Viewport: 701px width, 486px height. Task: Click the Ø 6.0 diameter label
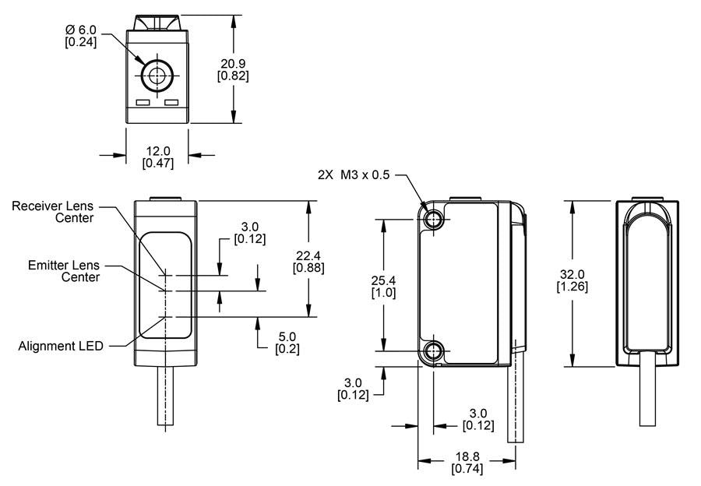pos(80,30)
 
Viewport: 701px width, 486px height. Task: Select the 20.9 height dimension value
pos(233,62)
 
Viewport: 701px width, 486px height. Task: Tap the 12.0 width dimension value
pos(158,150)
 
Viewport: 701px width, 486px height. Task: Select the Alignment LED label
pos(61,346)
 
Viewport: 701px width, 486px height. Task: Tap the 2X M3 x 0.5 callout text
pos(354,175)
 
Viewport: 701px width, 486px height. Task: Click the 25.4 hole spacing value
pos(383,280)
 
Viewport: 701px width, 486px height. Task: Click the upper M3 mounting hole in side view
pos(433,219)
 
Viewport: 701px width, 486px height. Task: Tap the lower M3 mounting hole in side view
pos(433,350)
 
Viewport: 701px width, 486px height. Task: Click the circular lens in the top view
pos(157,76)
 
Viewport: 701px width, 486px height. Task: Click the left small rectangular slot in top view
pos(143,102)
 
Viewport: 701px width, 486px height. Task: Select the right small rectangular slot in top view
pos(172,102)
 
